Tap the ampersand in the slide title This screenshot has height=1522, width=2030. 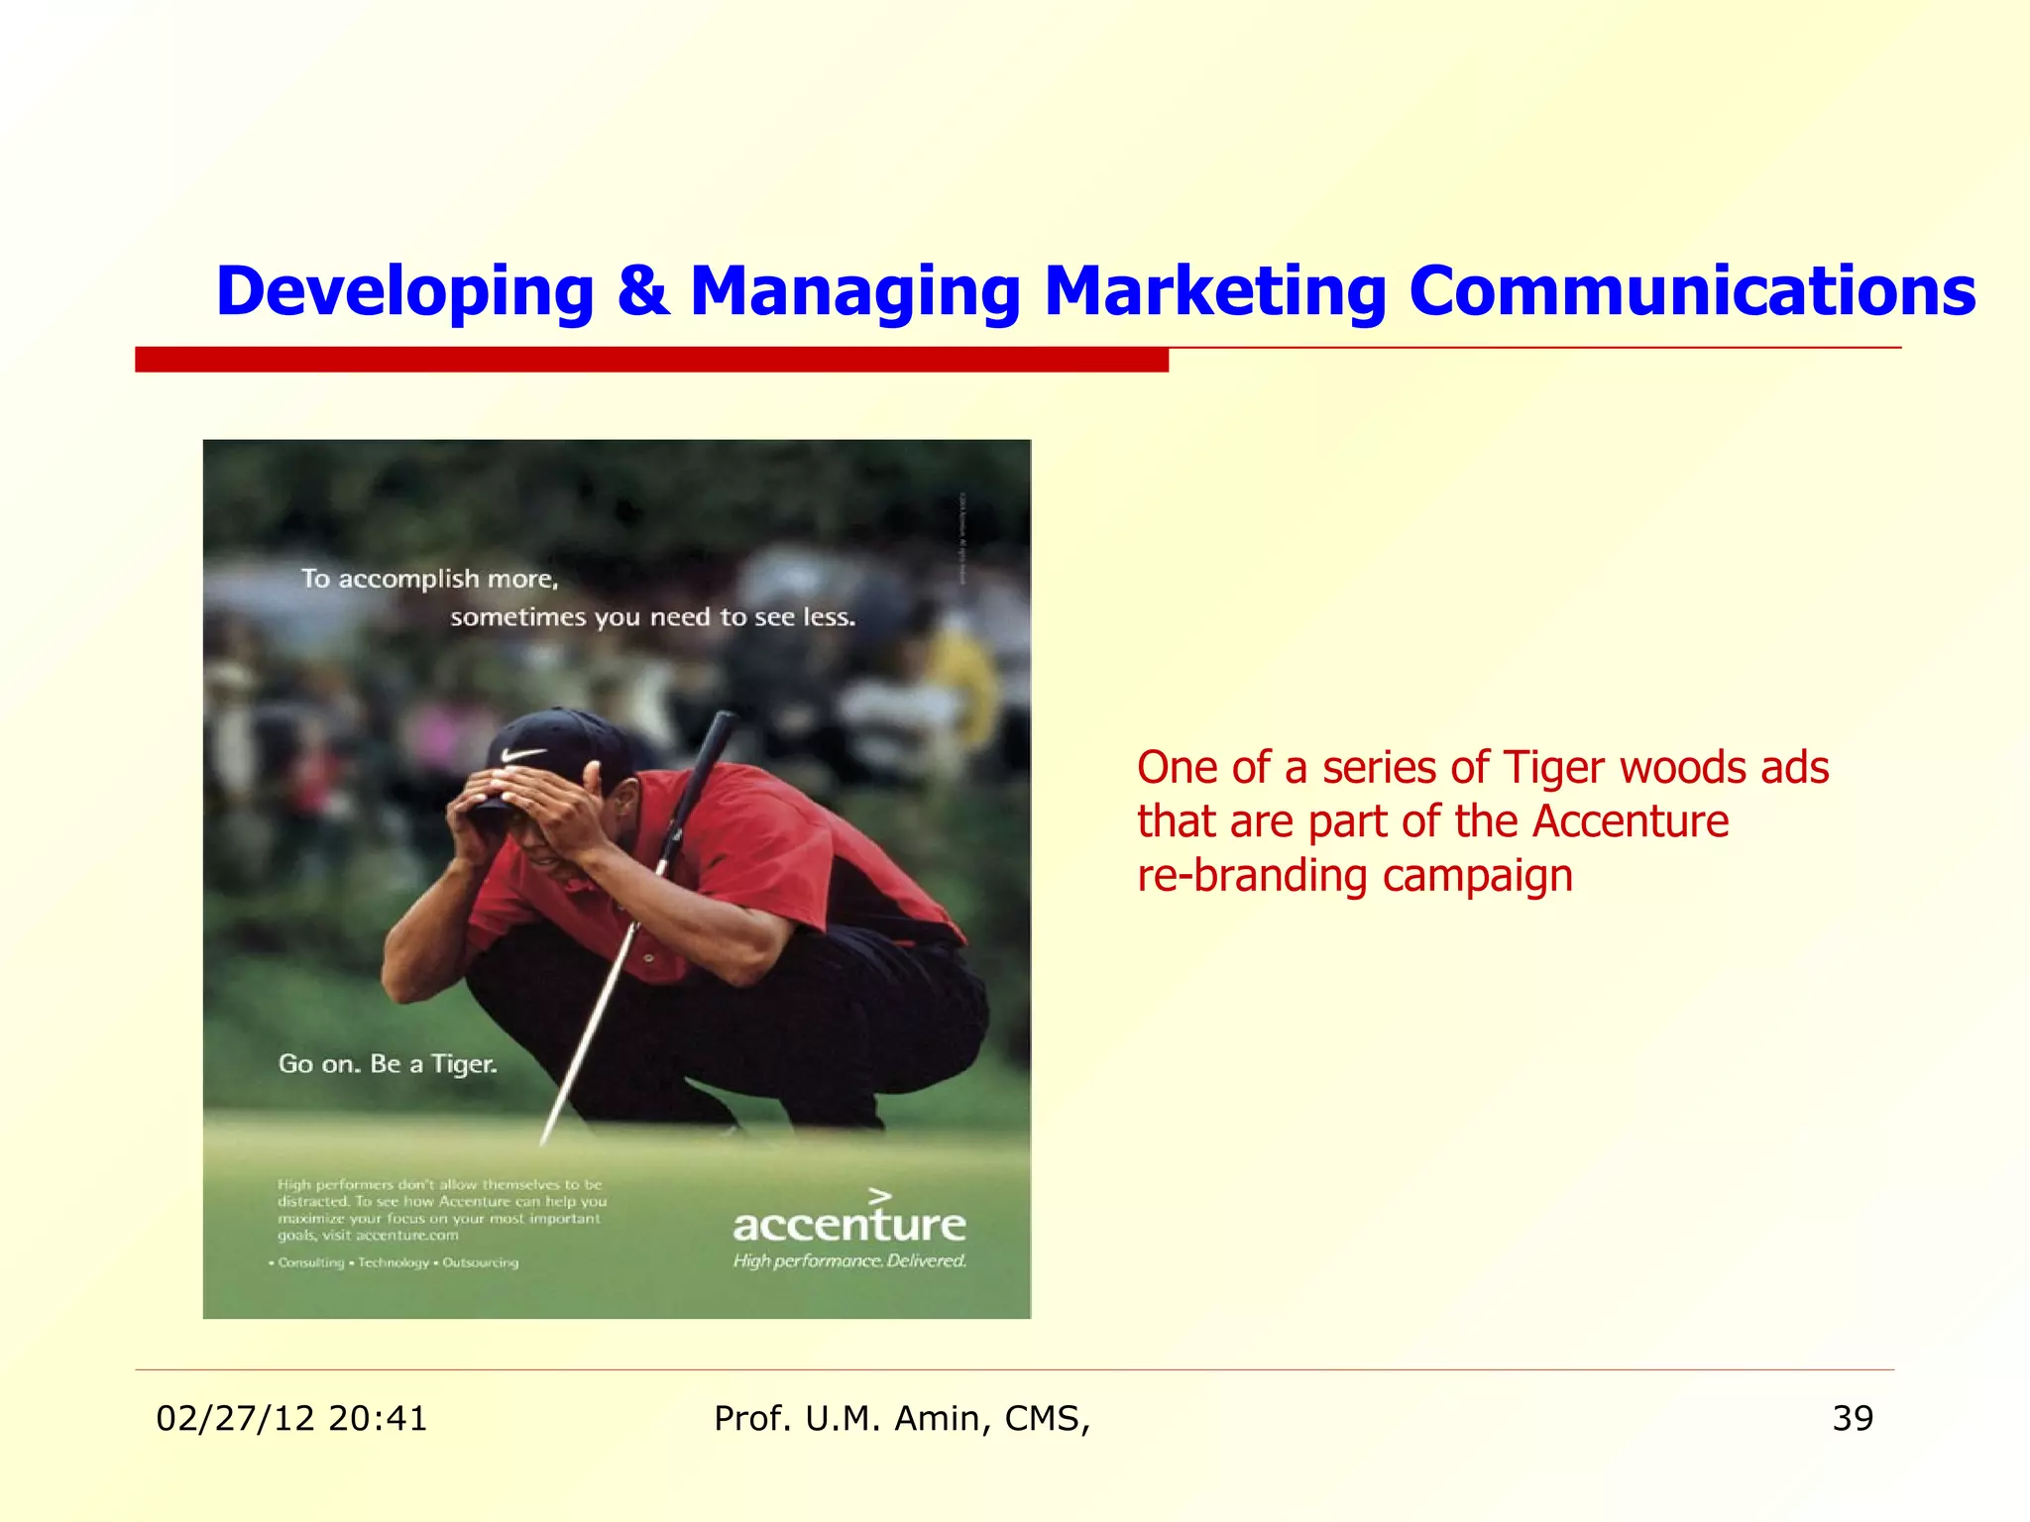[x=642, y=290]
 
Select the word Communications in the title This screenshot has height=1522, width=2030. [x=1692, y=291]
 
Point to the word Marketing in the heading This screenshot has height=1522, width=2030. [x=1214, y=291]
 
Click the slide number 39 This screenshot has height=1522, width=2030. [x=1853, y=1419]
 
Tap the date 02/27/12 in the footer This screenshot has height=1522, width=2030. [x=236, y=1419]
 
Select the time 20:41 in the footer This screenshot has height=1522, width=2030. [x=378, y=1419]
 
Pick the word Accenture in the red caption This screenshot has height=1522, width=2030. [x=1630, y=821]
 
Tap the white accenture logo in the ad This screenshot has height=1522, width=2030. [x=849, y=1225]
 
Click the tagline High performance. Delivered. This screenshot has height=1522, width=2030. [x=849, y=1261]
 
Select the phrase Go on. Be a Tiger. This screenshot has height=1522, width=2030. [x=388, y=1064]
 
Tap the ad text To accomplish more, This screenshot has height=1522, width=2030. [x=430, y=579]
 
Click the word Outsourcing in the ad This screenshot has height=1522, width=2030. [x=480, y=1263]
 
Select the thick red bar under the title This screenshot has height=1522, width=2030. [x=651, y=360]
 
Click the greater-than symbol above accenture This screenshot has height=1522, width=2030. [x=880, y=1197]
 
